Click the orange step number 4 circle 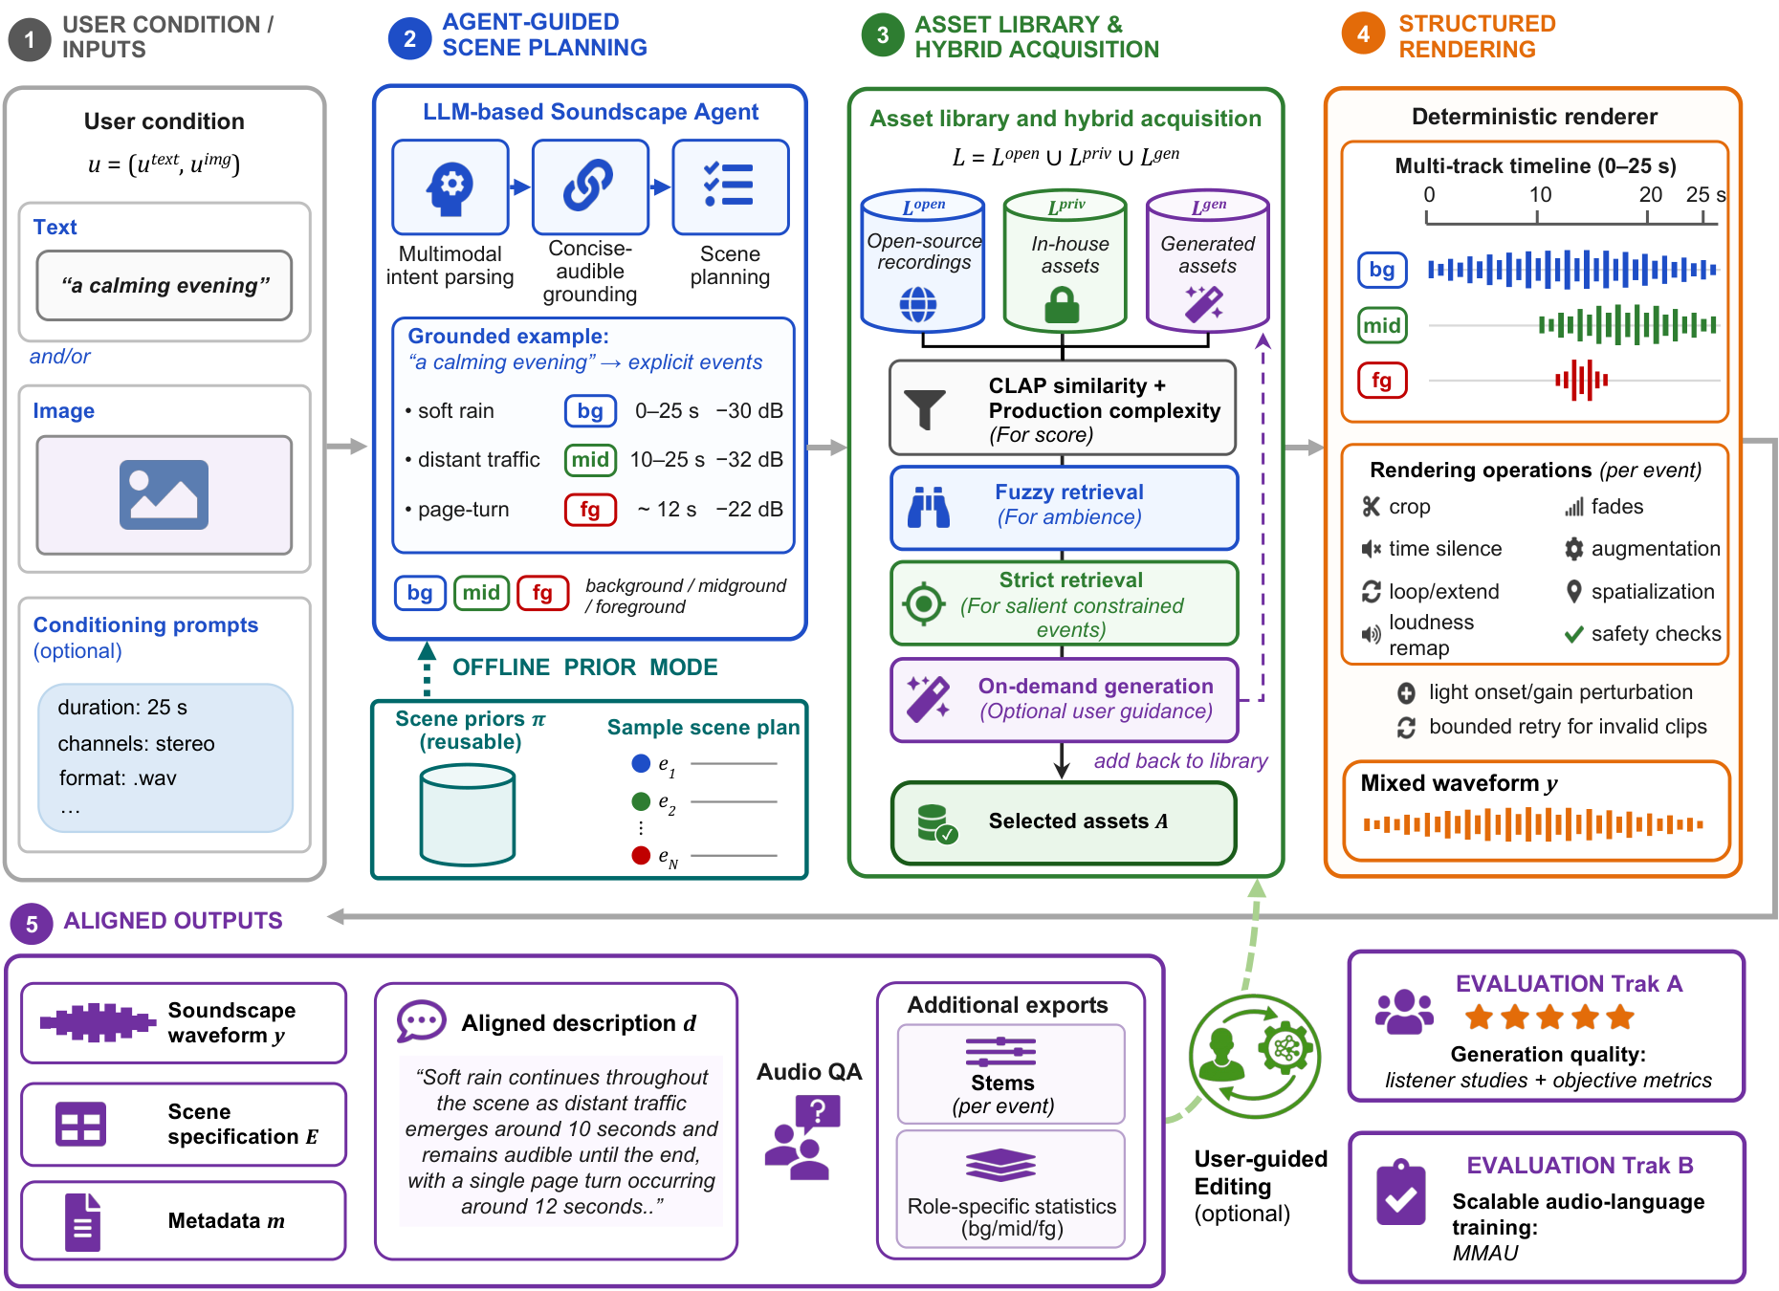1363,34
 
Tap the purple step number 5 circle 32,924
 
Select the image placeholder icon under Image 164,494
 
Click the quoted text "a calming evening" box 165,285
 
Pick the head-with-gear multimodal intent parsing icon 450,186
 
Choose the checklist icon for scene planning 729,185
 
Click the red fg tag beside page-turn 590,510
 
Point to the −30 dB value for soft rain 749,410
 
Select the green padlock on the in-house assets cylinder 1062,305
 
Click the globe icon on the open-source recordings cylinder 918,305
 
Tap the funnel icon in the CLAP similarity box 925,409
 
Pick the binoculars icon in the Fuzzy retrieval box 929,507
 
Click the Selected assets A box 1064,822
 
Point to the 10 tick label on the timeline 1540,194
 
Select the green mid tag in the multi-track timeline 1382,326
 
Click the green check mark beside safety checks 1573,633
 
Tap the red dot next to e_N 641,855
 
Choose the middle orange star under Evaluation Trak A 1549,1017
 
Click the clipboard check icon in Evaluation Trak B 1401,1193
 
